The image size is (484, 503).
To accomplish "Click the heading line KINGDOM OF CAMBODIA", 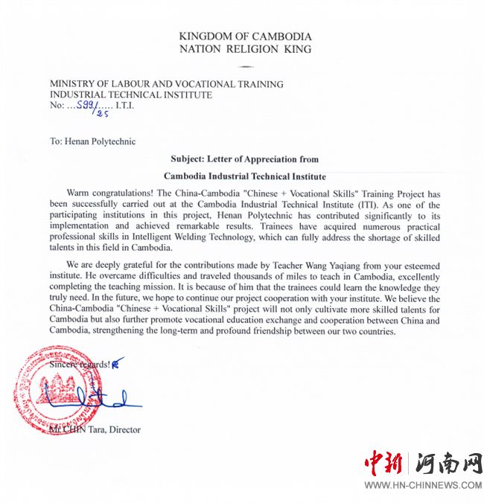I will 246,36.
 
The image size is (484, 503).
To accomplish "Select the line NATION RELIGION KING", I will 246,50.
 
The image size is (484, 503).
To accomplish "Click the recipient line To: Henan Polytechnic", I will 93,141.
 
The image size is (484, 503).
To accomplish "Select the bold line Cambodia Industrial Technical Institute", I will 245,176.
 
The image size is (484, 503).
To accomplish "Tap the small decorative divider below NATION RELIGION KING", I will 245,66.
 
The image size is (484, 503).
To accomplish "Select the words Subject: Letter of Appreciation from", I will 245,158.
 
